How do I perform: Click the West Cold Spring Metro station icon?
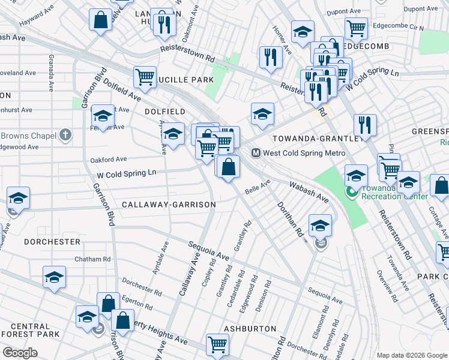click(256, 153)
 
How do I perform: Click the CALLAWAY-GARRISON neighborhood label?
click(169, 205)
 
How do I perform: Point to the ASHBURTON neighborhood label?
click(250, 329)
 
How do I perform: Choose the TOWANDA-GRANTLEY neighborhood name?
click(316, 138)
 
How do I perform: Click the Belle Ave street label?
click(259, 184)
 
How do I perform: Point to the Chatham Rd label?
click(92, 259)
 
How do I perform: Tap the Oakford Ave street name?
click(108, 160)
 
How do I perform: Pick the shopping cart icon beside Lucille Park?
click(145, 77)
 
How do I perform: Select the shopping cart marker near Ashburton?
click(217, 344)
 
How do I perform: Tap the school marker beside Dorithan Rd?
click(320, 226)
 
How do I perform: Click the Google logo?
click(20, 353)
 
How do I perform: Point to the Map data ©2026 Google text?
click(412, 355)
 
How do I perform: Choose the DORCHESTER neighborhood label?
click(52, 242)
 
